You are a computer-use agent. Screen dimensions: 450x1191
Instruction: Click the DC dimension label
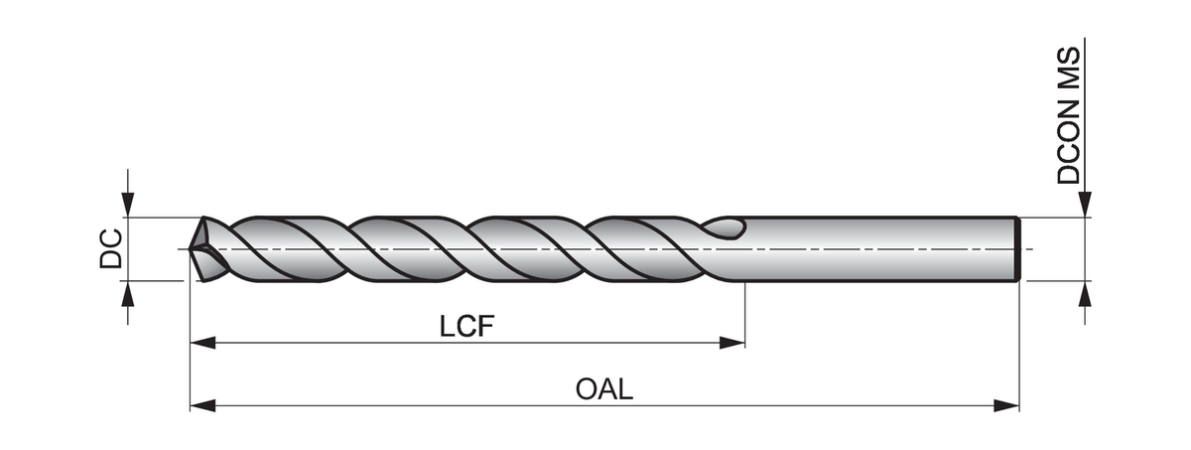110,248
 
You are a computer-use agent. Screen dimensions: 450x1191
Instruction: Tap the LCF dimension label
466,327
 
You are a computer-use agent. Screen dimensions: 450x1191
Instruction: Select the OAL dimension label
603,389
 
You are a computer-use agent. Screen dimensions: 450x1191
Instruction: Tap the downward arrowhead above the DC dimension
126,204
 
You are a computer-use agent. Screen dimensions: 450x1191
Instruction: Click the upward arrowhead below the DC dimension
126,294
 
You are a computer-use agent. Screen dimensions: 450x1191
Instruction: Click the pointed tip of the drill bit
193,248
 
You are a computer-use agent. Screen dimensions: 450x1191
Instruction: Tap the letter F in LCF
485,327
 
